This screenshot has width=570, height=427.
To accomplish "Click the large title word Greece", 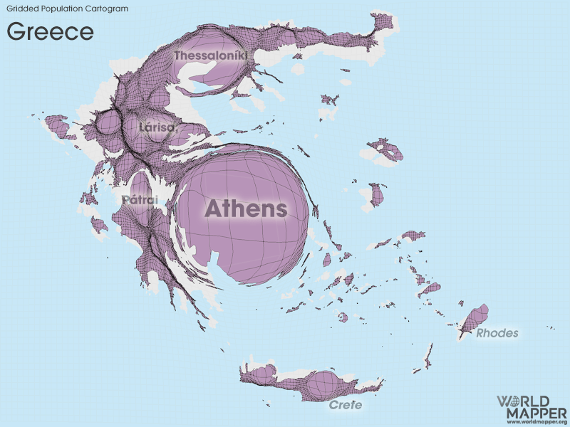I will click(x=50, y=31).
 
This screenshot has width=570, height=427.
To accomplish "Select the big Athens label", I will click(x=246, y=209).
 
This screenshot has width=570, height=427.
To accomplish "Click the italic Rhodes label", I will click(x=497, y=333).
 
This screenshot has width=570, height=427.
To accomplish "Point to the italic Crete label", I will click(x=346, y=405).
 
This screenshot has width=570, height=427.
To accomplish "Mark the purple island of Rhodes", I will click(x=475, y=317).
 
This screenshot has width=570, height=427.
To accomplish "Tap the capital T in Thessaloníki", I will click(x=178, y=55).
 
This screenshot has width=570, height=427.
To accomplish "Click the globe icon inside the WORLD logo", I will click(x=532, y=401).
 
